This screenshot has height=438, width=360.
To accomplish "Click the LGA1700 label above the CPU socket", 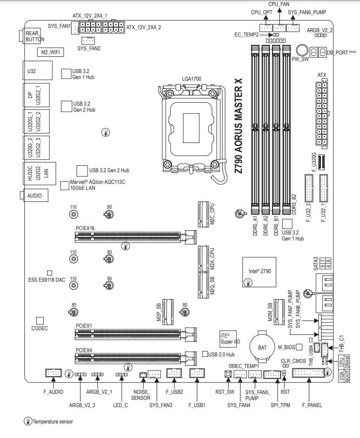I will pos(191,79).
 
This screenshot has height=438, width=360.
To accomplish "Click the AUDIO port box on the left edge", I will pos(35,195).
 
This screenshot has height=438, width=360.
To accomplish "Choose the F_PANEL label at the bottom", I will pos(312,405).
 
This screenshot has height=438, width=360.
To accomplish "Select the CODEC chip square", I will pos(40,320).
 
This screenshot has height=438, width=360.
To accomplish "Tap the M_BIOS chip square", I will pos(299,347).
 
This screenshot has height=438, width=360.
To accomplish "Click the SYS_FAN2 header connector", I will pos(88,40).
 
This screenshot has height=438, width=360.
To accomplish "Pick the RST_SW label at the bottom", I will pos(225,392).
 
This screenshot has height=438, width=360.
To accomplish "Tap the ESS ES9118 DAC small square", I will pos(50,273).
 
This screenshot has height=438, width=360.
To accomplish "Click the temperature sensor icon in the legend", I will pos(28,421).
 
